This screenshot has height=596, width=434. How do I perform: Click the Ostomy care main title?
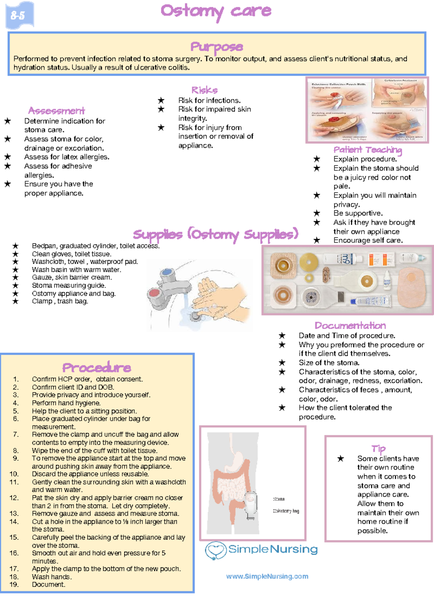coord(216,11)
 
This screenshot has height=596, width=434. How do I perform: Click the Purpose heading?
coord(217,47)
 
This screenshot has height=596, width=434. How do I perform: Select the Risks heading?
coord(205,90)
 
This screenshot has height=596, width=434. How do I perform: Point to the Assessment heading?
coord(56,111)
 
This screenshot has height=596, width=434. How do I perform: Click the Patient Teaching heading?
coord(367,150)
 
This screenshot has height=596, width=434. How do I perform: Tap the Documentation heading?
coord(350,325)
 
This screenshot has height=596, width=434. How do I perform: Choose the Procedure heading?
coord(97,368)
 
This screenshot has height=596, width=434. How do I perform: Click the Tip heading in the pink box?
coord(378,449)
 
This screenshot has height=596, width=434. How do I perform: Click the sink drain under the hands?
coord(196,317)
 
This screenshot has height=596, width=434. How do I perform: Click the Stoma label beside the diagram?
coord(278,499)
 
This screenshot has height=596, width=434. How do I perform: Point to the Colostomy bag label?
coord(286,511)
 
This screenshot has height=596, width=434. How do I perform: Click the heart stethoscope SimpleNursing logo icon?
coord(216,550)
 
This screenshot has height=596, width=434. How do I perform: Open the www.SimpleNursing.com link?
coord(267,576)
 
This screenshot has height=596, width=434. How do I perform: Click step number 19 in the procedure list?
coord(14,584)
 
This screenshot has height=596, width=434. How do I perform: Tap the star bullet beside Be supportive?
coord(317,213)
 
